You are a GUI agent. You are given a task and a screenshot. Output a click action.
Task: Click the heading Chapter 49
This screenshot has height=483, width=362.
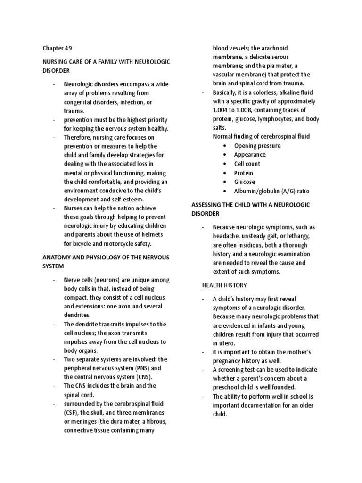57,48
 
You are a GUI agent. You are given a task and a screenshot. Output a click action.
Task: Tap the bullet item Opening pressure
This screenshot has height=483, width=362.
257,146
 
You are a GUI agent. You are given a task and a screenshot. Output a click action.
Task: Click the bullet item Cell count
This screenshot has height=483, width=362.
247,164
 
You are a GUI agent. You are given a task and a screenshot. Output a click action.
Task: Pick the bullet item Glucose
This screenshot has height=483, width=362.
245,182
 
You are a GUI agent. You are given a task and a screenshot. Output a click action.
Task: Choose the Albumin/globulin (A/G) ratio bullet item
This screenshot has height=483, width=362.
272,191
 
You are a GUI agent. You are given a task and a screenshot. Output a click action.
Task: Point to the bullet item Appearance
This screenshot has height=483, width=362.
250,155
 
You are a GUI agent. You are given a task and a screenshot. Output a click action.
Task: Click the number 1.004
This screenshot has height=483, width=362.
221,110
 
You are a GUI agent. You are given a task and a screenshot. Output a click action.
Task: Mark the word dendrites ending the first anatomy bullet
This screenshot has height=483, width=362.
76,315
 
